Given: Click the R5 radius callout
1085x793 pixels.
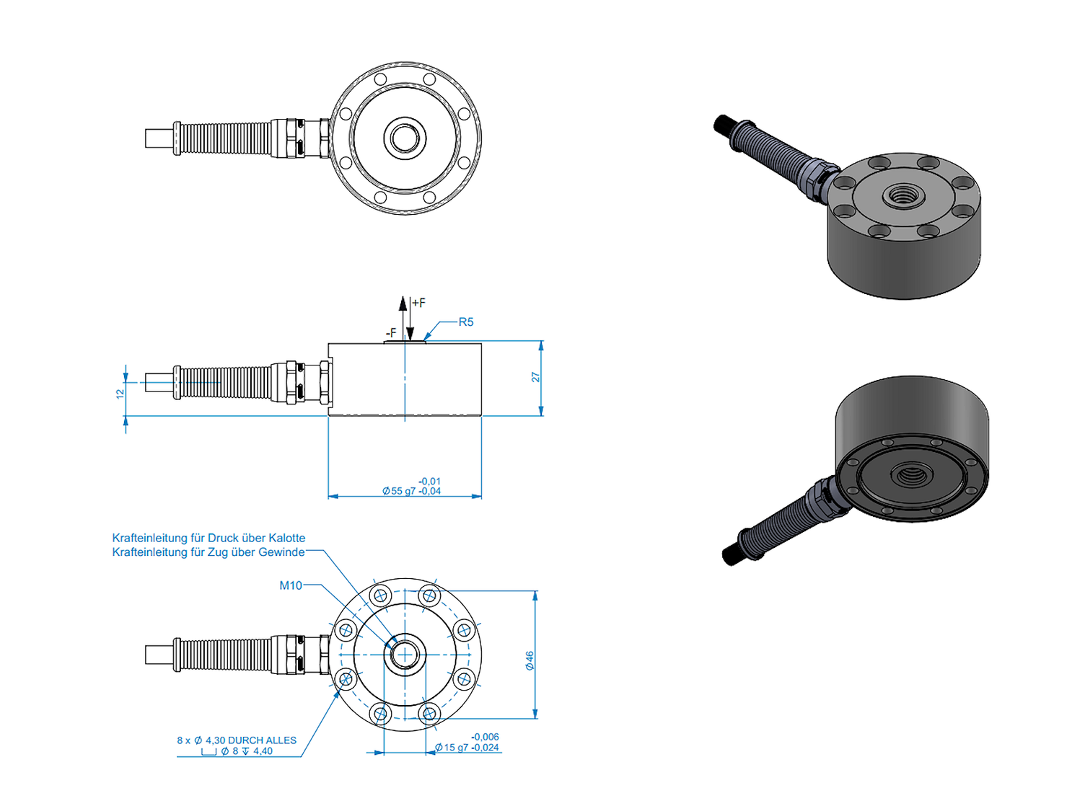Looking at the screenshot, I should pyautogui.click(x=466, y=322).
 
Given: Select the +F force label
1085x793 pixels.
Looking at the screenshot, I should pyautogui.click(x=418, y=303).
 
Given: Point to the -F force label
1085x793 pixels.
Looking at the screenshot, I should pyautogui.click(x=390, y=333).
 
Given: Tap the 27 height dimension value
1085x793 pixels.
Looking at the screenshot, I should pyautogui.click(x=535, y=377).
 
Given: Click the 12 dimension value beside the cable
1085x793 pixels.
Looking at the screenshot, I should pyautogui.click(x=120, y=394).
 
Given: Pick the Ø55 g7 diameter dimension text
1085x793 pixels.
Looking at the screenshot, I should pyautogui.click(x=399, y=491).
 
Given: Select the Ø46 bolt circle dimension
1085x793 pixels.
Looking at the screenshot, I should pyautogui.click(x=530, y=660).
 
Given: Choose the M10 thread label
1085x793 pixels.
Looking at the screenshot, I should pyautogui.click(x=291, y=585).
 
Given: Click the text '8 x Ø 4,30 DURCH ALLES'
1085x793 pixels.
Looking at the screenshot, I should pyautogui.click(x=237, y=740).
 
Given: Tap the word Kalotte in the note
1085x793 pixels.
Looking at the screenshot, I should pyautogui.click(x=286, y=538).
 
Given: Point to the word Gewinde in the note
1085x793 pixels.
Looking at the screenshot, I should pyautogui.click(x=281, y=552).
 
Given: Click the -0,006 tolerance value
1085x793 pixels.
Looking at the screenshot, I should pyautogui.click(x=485, y=737).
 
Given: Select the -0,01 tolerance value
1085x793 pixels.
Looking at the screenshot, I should pyautogui.click(x=429, y=481).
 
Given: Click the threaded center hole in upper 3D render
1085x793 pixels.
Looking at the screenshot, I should pyautogui.click(x=900, y=195).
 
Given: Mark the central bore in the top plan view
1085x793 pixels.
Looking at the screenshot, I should pyautogui.click(x=405, y=138).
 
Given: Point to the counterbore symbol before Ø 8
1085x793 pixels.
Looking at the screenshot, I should pyautogui.click(x=208, y=752).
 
